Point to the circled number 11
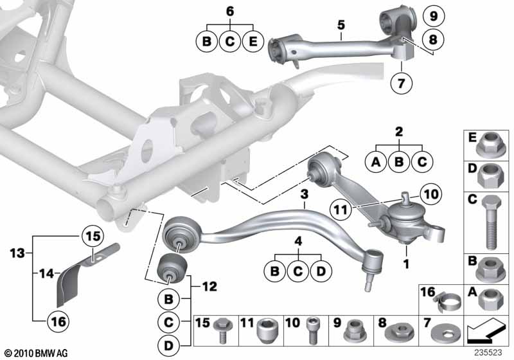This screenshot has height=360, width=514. [x=341, y=208]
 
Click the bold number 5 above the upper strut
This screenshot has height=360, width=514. [x=341, y=26]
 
